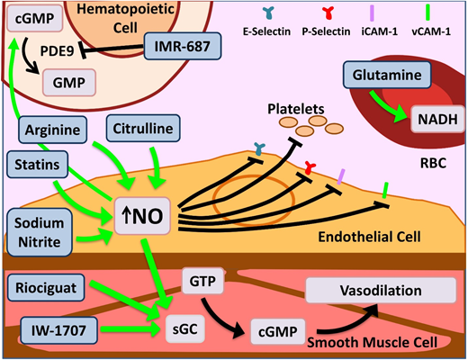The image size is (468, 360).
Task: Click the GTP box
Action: pos(201,282)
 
